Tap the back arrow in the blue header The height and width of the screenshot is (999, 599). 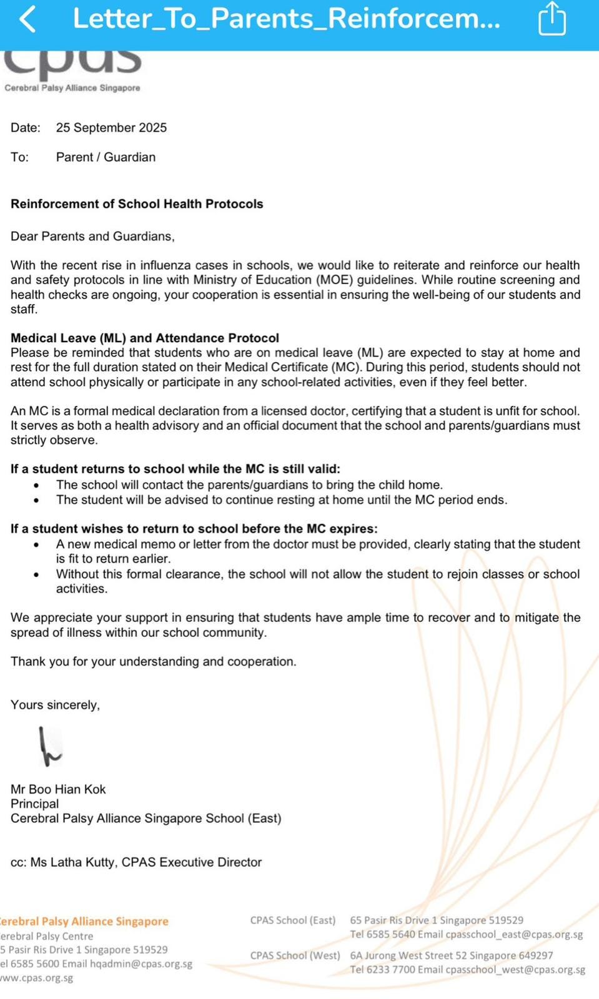[x=27, y=19]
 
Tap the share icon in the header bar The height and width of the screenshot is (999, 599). [x=552, y=19]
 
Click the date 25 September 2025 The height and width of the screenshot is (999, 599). [x=111, y=128]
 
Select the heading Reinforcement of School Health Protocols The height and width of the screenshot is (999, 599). [x=137, y=204]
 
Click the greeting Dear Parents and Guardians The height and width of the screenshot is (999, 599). [x=92, y=237]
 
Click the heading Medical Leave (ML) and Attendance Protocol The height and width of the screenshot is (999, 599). [x=145, y=338]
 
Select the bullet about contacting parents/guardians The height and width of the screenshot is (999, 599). [x=249, y=485]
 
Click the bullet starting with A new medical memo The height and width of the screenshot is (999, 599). [x=317, y=544]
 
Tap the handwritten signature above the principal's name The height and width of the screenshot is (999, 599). [x=49, y=747]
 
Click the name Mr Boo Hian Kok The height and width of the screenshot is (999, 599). [x=58, y=790]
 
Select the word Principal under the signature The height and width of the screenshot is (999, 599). [x=35, y=804]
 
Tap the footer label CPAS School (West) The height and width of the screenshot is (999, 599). [x=295, y=955]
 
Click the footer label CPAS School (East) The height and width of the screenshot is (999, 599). [x=293, y=920]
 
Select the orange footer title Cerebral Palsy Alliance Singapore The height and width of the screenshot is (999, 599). [x=84, y=922]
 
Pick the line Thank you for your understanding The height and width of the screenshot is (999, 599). [x=154, y=662]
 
